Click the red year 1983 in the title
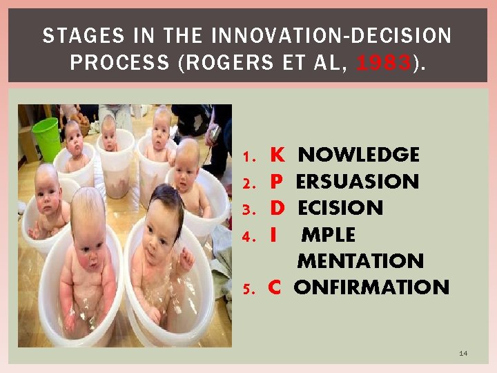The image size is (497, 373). [x=383, y=63]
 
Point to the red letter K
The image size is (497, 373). [x=276, y=155]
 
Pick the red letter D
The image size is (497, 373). [x=276, y=208]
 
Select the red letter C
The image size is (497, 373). [x=274, y=287]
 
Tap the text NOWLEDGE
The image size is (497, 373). [x=358, y=155]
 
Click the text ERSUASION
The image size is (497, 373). [x=357, y=182]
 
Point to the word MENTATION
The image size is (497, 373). [x=360, y=261]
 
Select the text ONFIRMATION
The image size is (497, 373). [x=371, y=287]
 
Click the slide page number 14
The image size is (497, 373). [x=463, y=354]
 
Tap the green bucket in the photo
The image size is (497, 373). [x=46, y=137]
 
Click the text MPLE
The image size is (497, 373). [x=329, y=235]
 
